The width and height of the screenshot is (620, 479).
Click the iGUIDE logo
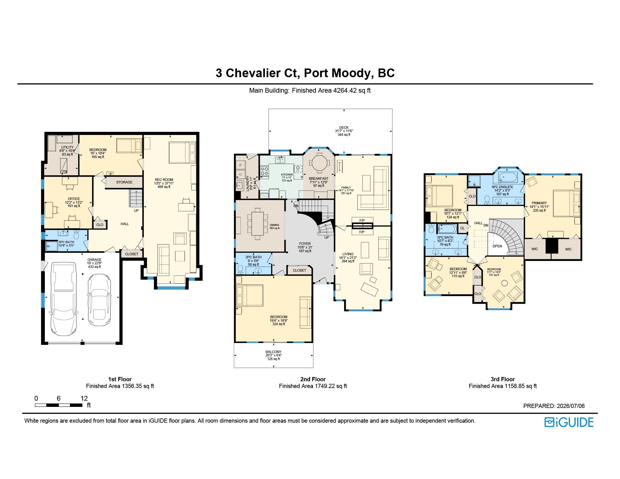pos(569,422)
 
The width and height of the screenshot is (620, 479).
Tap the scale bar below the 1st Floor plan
pos(59,405)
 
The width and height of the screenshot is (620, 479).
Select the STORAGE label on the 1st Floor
pos(124,182)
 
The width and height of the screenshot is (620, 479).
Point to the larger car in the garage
pos(64,299)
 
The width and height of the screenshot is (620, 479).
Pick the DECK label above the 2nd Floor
pos(344,128)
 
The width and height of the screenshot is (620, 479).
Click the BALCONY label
pos(273,352)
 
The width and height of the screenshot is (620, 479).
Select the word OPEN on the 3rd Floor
pos(497,246)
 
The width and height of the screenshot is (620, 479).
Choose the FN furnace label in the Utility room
pos(65,171)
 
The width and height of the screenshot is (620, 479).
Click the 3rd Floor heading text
pos(502,379)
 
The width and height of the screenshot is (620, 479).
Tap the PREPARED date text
pos(554,406)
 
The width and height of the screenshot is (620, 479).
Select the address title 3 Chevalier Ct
pos(258,73)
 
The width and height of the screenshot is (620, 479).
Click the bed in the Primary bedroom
pos(566,204)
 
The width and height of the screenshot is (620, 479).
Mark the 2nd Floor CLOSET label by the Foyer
pos(300,270)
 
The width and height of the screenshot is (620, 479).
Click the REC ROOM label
pos(164,180)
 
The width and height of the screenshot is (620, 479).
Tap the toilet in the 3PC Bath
pos(76,234)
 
